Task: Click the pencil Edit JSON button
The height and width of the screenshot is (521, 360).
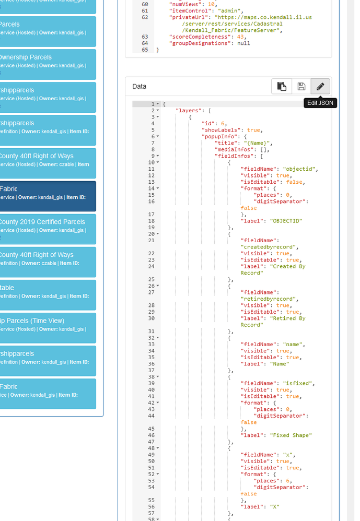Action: point(320,86)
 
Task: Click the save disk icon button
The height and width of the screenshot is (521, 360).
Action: point(301,86)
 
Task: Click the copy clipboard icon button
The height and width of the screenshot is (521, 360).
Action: point(282,86)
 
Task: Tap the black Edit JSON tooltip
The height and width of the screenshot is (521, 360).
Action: point(320,103)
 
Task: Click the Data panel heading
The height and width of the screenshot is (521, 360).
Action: point(140,86)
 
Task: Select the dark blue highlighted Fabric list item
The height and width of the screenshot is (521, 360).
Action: point(48,196)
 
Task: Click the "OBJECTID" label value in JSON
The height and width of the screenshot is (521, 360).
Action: point(287,221)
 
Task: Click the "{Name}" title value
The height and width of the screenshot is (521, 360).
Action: point(259,143)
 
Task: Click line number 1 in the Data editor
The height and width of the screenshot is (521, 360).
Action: point(153,104)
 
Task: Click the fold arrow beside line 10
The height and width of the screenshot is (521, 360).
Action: point(158,162)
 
